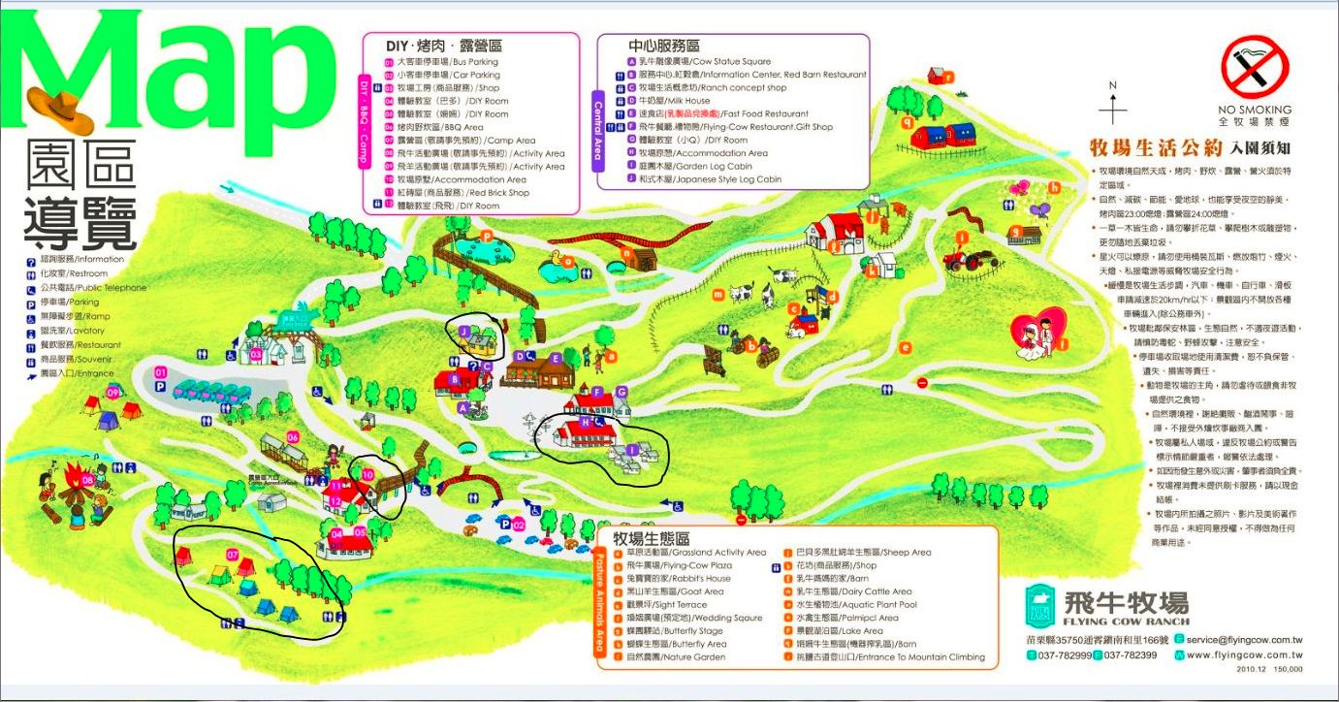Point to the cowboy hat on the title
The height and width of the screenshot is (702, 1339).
(x=60, y=108)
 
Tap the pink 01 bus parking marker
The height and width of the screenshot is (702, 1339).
(x=161, y=372)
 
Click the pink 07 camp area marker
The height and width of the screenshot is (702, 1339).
(x=233, y=554)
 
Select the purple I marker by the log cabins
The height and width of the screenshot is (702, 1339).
(x=633, y=449)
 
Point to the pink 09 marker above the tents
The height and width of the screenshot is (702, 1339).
(x=112, y=392)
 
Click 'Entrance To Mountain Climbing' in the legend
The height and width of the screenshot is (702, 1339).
(x=890, y=657)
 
